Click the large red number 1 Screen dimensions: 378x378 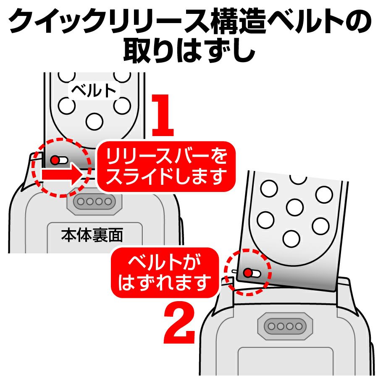point(163,115)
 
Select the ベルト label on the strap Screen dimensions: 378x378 point(94,91)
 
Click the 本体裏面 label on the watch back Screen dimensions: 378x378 point(92,235)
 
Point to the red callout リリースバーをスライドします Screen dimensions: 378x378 point(166,167)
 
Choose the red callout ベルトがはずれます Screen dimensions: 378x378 point(165,273)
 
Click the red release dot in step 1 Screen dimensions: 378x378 point(55,160)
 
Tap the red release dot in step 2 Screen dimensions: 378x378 point(247,273)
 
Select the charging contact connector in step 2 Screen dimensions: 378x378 point(285,326)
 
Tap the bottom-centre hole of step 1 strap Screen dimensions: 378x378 point(94,121)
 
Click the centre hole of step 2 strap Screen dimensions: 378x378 point(295,207)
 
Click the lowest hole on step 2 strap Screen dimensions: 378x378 point(291,239)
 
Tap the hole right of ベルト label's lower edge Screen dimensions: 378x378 point(123,106)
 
